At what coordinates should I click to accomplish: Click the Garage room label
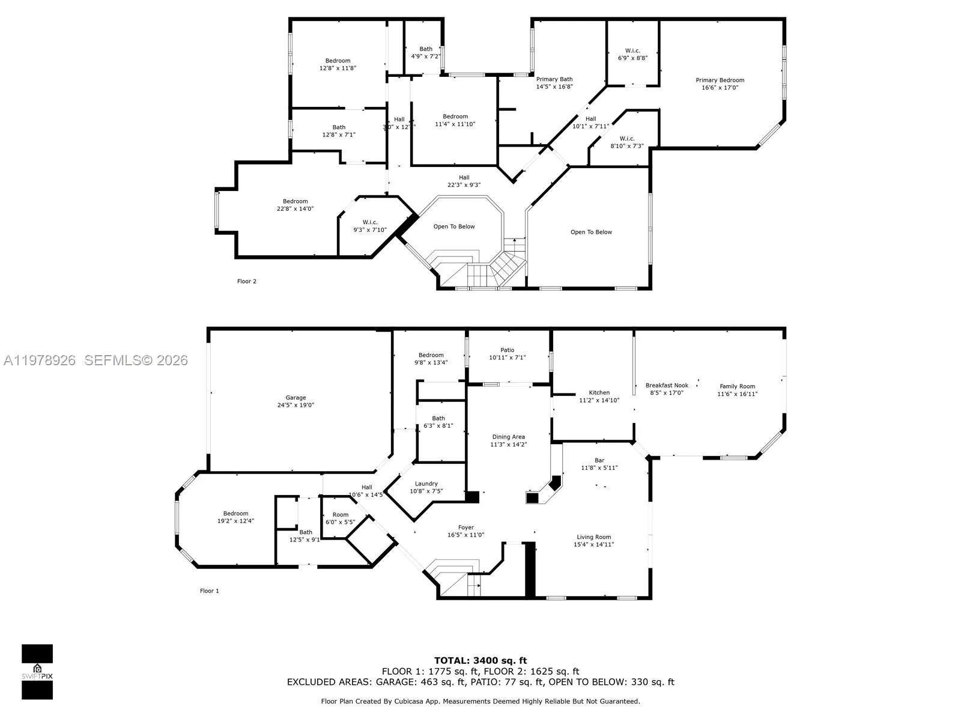point(296,398)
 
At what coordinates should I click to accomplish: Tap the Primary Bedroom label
point(720,80)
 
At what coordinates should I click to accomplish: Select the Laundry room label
point(426,484)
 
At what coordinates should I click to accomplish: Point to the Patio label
point(507,350)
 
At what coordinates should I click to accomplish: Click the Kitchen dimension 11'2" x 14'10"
point(599,400)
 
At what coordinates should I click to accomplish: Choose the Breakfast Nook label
point(667,386)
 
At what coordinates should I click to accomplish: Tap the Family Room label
point(737,387)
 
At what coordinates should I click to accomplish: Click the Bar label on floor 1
point(599,460)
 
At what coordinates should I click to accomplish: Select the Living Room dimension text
point(593,544)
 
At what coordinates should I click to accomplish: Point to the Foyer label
point(465,528)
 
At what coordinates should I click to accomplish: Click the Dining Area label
point(508,437)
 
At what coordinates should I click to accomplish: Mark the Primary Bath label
point(554,79)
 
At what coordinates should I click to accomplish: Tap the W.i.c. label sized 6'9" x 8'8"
point(632,50)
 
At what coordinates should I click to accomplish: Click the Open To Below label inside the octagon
point(454,227)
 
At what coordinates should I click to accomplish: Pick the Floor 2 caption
point(246,281)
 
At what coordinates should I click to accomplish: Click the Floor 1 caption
point(209,591)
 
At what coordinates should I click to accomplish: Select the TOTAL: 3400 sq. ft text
point(480,661)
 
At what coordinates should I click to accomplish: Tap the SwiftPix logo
point(37,672)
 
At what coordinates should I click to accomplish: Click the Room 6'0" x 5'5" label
point(340,514)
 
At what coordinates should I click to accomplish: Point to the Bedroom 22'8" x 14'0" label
point(295,201)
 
